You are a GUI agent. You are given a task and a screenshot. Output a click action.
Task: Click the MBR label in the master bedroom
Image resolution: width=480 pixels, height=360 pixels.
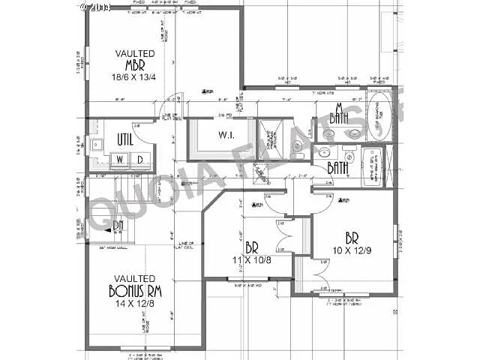tap(135, 64)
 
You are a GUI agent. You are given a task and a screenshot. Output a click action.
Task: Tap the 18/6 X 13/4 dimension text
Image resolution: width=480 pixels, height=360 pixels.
tap(135, 76)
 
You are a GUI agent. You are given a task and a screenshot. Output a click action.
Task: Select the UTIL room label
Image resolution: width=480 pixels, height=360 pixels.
tap(125, 139)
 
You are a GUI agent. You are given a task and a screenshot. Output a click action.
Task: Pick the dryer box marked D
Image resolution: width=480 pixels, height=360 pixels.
tap(139, 159)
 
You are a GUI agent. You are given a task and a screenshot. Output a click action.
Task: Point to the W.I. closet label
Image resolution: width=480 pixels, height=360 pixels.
tap(228, 136)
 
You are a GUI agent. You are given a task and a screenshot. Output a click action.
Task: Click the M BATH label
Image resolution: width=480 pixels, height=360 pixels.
tap(340, 113)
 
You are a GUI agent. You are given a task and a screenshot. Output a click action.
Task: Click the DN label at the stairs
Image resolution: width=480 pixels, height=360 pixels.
tap(118, 224)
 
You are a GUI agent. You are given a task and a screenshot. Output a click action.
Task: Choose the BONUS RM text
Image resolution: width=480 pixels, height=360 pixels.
tap(135, 292)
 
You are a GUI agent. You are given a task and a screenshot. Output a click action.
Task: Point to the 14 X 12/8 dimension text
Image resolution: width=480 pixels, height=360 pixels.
tap(135, 304)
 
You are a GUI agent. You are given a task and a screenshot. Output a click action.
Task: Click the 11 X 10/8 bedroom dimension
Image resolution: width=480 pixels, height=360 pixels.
tap(252, 259)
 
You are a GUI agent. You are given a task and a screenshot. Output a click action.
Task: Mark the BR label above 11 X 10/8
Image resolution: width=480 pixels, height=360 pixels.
tap(252, 247)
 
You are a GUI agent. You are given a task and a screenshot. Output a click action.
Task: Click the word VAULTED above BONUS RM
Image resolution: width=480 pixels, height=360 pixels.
tap(135, 278)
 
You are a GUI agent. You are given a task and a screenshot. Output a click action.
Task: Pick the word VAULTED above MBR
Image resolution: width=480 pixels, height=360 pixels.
tap(135, 53)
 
